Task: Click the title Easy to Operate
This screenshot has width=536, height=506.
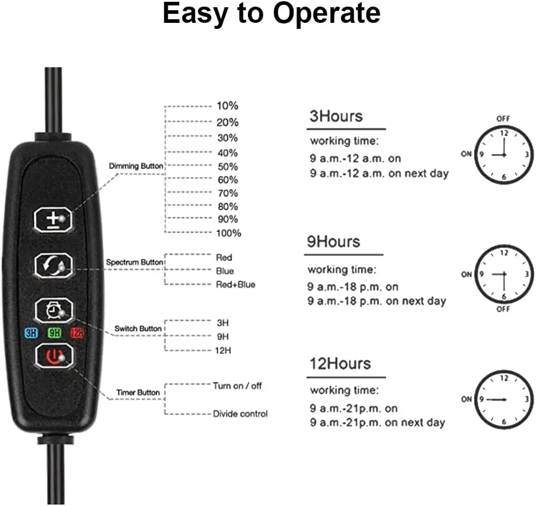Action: pos(271,14)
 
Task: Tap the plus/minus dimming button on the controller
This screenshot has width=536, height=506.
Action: pos(55,220)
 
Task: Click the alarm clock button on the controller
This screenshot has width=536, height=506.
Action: pos(55,310)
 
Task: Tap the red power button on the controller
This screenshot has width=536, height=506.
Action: pos(55,356)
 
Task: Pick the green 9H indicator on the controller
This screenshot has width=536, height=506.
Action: pos(55,332)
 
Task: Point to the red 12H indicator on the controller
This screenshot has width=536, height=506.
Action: pos(77,332)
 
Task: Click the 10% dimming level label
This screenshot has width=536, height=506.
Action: pos(227,106)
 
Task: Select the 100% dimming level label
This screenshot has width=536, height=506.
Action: pos(229,233)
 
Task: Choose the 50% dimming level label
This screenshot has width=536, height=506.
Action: pos(227,166)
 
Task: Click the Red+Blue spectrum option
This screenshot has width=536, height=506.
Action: pos(235,284)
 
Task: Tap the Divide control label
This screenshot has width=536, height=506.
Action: pos(240,413)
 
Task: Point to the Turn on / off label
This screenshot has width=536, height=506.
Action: pos(238,386)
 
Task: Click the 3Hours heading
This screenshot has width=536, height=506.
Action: pos(336,116)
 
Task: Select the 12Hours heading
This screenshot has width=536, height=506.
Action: pos(340,364)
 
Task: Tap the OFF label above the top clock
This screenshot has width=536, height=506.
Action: pos(503,119)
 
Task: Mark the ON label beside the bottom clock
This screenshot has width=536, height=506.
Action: pos(467,399)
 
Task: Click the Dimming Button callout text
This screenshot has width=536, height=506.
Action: pos(136,165)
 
